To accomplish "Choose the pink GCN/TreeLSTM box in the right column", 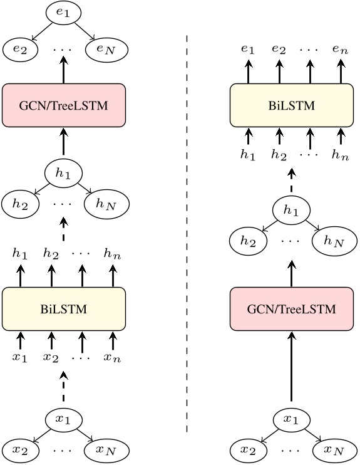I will (292, 309).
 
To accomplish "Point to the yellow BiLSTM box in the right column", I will (292, 105).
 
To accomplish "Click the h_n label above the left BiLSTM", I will (113, 254).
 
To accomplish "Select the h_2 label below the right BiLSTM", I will (279, 155).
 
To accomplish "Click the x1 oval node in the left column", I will (63, 418).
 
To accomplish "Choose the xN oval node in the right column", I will (335, 449).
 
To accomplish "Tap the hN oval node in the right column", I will (335, 241).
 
